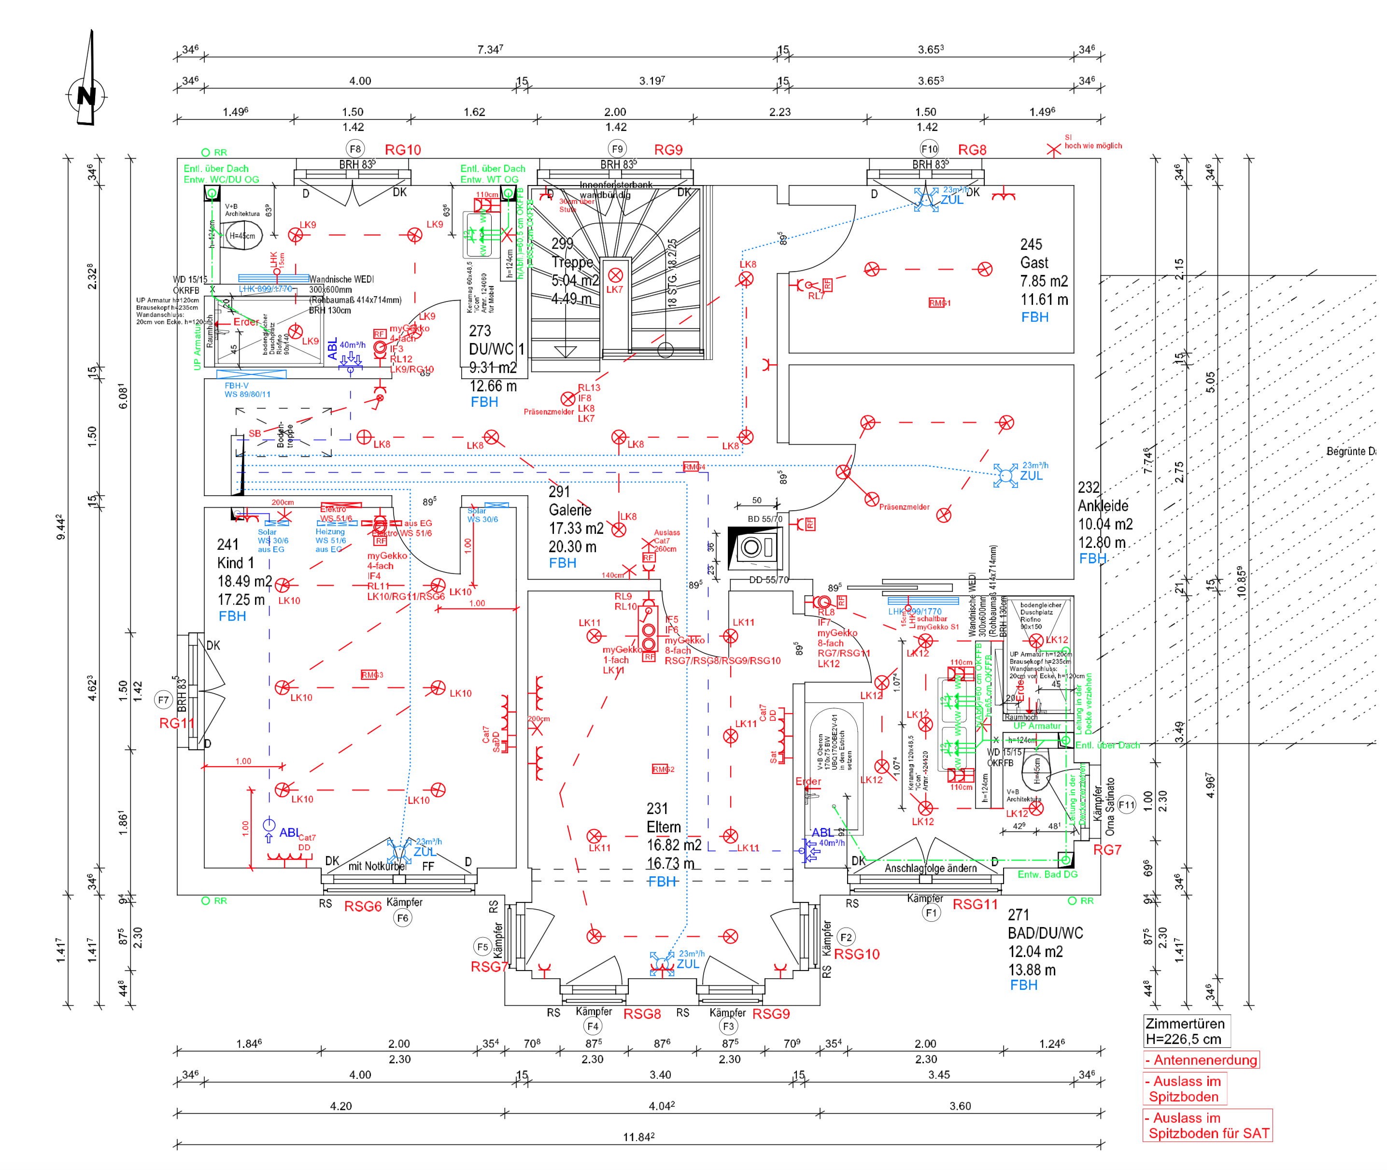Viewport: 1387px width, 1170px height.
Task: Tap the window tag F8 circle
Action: tap(355, 149)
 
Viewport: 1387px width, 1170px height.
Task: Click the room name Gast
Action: tap(1034, 263)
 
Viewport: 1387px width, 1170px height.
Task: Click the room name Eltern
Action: tap(664, 827)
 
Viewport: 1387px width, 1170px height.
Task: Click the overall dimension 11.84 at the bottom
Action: tap(638, 1137)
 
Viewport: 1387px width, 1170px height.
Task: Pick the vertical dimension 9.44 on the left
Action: tap(60, 528)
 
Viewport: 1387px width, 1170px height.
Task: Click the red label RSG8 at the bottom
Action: tap(642, 1014)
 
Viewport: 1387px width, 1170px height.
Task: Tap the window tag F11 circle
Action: tap(1126, 805)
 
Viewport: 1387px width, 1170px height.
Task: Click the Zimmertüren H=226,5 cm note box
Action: tap(1186, 1031)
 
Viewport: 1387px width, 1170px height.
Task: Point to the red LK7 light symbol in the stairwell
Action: tap(615, 275)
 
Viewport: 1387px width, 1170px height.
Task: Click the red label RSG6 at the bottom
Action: tap(363, 907)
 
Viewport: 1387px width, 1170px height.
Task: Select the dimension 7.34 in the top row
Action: tap(490, 50)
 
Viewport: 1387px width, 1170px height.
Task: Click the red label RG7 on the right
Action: tap(1107, 850)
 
